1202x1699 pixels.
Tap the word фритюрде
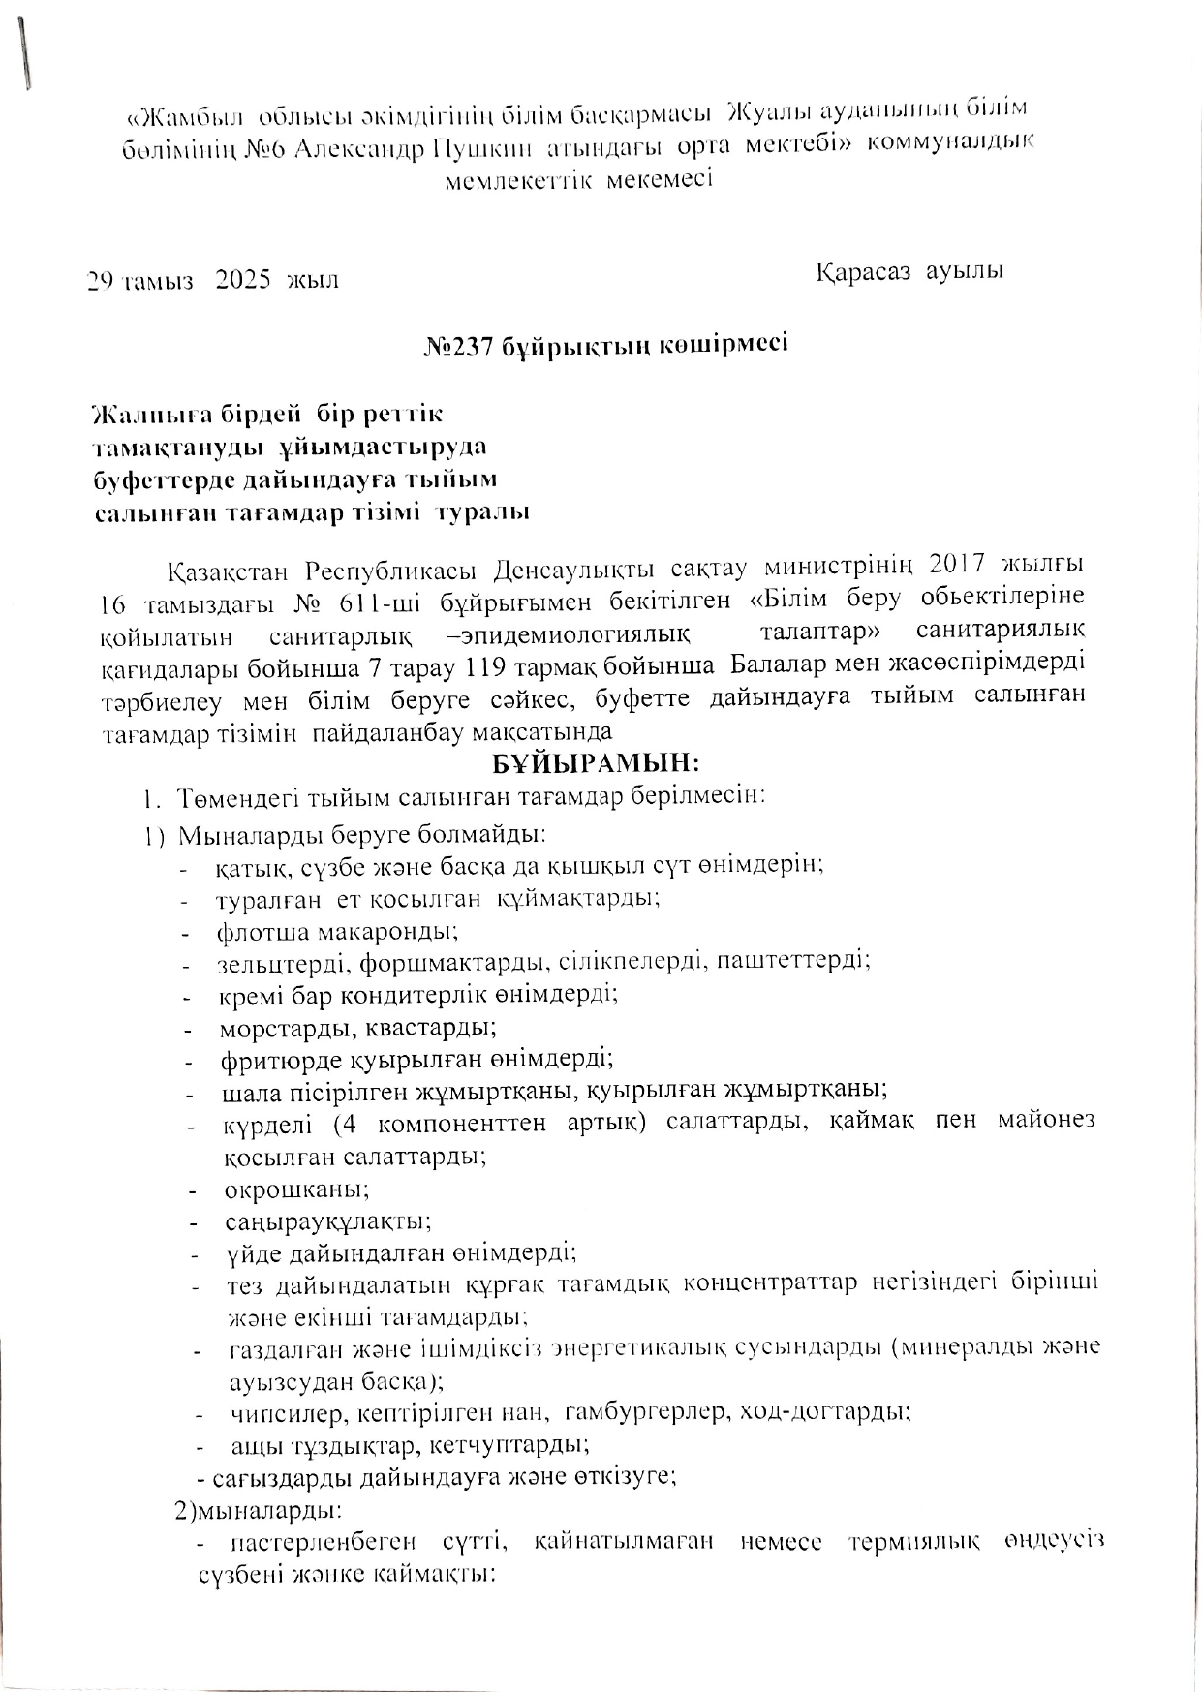[x=278, y=1059]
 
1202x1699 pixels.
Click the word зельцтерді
[x=283, y=962]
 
